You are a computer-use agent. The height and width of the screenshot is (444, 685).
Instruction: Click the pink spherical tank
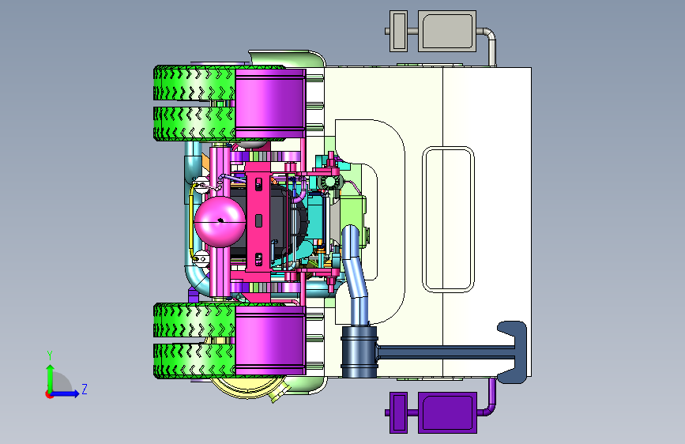220,221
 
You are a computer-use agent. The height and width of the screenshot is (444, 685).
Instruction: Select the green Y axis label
50,356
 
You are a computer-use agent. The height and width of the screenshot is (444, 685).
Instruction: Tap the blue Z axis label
85,389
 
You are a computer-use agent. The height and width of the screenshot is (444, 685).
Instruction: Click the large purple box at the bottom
447,412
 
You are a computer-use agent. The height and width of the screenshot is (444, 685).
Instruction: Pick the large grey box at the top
447,31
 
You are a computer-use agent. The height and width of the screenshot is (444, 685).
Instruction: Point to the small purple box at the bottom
398,412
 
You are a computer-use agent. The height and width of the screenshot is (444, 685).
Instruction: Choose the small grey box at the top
398,31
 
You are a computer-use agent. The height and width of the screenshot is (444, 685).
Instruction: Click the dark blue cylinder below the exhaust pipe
359,352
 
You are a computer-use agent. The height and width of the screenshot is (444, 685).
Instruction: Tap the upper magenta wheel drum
270,103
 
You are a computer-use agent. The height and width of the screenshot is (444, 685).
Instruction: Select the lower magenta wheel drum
270,341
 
